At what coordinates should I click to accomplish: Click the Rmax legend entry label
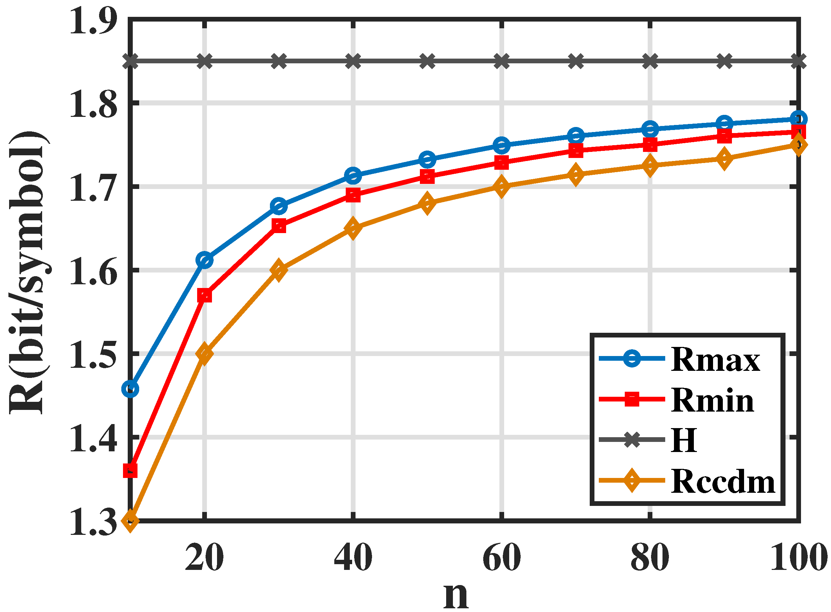(715, 360)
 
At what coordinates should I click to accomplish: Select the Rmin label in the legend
(712, 400)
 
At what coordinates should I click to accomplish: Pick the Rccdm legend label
(723, 482)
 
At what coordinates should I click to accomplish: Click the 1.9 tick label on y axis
(93, 22)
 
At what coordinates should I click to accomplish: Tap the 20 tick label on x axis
(204, 557)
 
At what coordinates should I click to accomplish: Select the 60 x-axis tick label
(501, 557)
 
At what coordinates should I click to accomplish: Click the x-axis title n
(456, 594)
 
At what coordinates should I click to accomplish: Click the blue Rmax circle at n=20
(204, 260)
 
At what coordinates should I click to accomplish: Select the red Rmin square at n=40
(353, 195)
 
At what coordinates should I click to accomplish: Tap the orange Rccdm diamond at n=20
(204, 353)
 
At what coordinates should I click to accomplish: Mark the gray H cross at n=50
(427, 61)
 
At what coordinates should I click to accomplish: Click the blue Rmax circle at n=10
(130, 389)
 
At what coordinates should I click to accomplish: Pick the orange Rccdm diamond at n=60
(501, 186)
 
